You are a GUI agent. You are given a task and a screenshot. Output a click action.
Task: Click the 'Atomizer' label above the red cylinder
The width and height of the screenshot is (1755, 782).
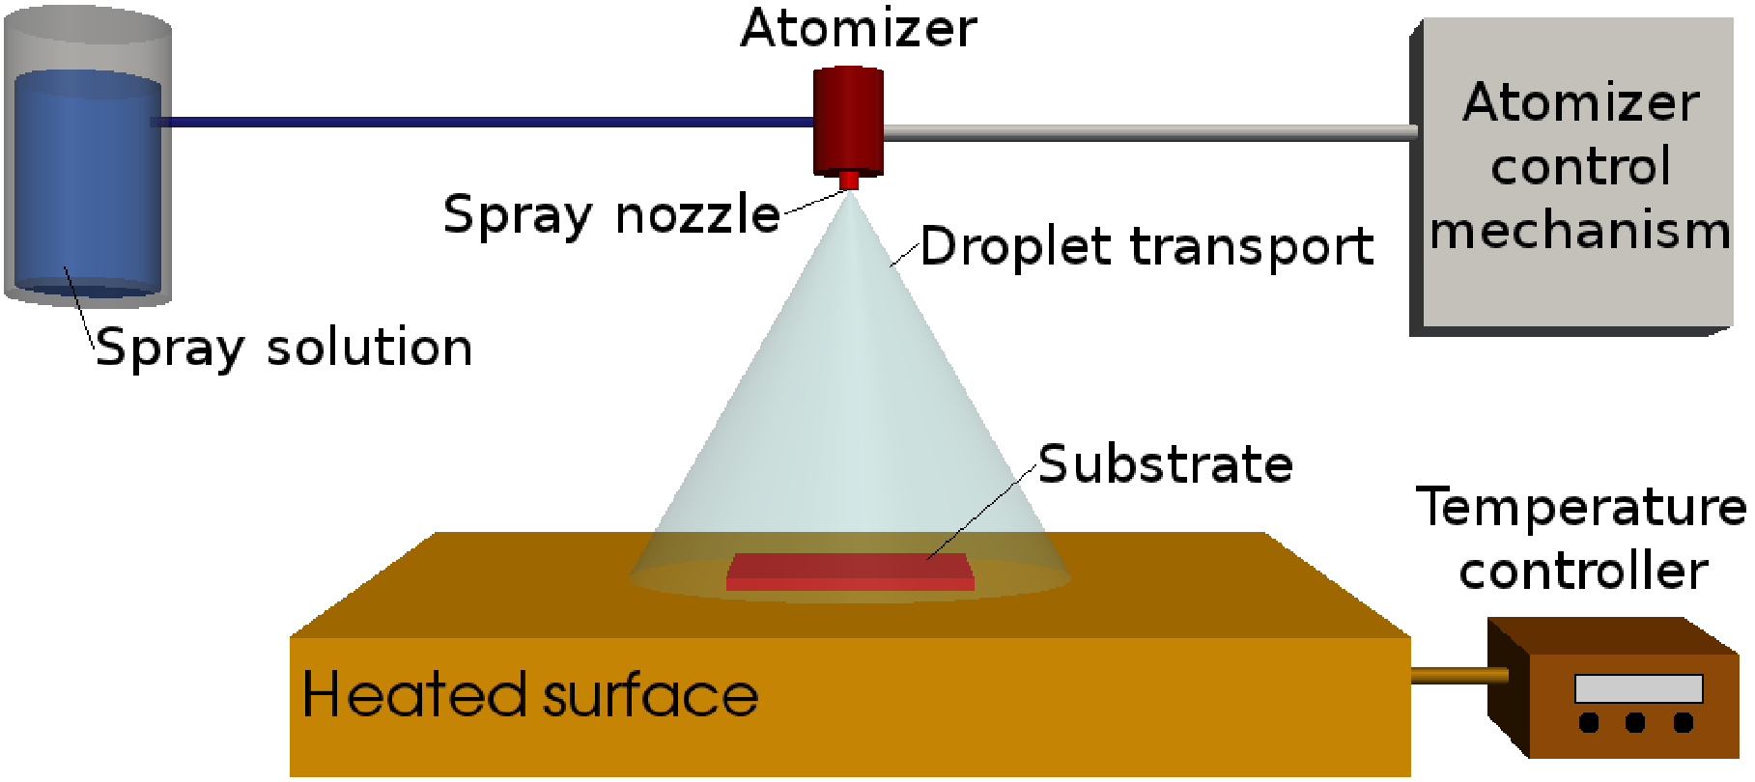coord(858,29)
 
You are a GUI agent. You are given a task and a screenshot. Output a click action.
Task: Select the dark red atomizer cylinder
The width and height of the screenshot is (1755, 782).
coord(848,121)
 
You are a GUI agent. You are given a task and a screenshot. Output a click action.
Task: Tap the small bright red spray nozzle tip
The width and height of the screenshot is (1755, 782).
coord(849,181)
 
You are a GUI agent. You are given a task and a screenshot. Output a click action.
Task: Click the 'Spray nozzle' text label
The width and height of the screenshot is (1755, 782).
coord(611,214)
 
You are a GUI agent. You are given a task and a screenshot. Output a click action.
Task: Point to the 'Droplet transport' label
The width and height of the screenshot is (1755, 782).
coord(1146,247)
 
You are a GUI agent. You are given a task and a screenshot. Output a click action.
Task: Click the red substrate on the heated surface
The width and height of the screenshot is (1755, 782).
coord(850,571)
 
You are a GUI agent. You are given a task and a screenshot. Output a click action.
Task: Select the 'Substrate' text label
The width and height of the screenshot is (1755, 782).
coord(1166,465)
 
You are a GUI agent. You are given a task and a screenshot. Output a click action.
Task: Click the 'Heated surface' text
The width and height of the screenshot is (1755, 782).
coord(529,695)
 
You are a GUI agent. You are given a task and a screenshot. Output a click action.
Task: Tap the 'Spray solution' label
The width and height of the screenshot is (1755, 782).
coord(284,348)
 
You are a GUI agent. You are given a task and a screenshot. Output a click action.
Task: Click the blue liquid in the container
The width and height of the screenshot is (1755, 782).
coord(87,183)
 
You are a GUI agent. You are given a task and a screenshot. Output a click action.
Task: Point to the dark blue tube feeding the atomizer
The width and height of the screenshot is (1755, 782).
coord(483,123)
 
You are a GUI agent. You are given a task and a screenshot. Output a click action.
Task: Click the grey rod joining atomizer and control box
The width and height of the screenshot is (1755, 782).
coord(1149,133)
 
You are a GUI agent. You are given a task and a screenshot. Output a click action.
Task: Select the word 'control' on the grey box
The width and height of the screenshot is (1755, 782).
coord(1580,167)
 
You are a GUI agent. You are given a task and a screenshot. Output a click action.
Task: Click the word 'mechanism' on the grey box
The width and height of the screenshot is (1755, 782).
coord(1580,232)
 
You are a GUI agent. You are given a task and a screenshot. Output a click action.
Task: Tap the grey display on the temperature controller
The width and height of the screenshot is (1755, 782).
coord(1638,688)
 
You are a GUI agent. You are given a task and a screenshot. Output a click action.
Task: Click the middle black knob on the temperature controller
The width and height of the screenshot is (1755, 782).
coord(1635,722)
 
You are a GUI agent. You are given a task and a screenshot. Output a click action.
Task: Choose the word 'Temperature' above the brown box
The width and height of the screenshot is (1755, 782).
coord(1581,508)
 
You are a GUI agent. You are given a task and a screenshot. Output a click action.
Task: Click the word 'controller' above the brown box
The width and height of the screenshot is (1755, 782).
coord(1583,572)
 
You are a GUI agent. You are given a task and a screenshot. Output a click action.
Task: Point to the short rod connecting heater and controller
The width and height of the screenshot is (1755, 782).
coord(1458,675)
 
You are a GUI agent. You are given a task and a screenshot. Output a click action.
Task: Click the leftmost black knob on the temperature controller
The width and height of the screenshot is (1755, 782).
coord(1589,722)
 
